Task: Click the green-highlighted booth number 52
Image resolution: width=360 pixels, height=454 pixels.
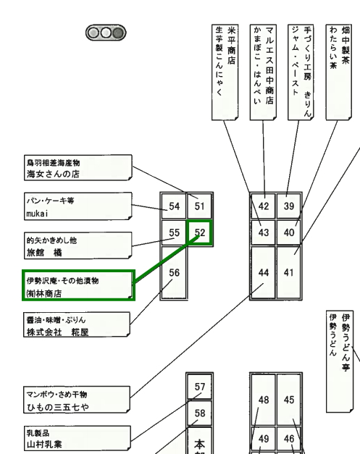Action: click(x=200, y=232)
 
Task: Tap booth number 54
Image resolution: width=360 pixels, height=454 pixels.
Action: click(x=174, y=206)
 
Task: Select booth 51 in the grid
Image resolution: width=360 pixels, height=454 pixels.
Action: click(x=200, y=206)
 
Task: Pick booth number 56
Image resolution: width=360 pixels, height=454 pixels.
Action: click(x=174, y=272)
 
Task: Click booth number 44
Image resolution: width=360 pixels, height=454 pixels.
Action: click(x=263, y=272)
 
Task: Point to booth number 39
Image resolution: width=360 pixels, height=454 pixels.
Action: click(x=289, y=206)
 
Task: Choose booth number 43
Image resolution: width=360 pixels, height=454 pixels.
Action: click(x=263, y=232)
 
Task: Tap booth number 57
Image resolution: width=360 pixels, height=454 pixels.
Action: click(x=200, y=387)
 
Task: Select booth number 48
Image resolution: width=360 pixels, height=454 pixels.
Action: click(x=263, y=400)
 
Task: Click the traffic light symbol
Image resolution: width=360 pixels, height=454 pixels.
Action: click(x=106, y=33)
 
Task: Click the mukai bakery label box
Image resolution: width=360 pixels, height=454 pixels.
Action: click(x=78, y=206)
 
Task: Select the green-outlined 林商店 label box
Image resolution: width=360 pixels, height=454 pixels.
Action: click(x=78, y=285)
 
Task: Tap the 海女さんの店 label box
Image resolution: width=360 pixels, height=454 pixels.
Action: click(x=78, y=168)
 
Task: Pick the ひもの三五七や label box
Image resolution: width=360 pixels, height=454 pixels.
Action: click(x=77, y=400)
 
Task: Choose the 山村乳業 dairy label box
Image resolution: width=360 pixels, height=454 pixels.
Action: click(x=77, y=438)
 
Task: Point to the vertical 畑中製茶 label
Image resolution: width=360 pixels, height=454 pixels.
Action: click(x=339, y=72)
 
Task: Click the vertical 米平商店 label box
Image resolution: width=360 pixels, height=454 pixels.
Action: click(x=225, y=72)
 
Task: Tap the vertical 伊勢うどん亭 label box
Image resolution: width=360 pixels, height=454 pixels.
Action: click(x=340, y=361)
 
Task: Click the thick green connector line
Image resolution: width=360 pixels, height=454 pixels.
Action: click(x=167, y=258)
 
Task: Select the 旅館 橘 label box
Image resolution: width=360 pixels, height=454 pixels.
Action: click(x=78, y=245)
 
